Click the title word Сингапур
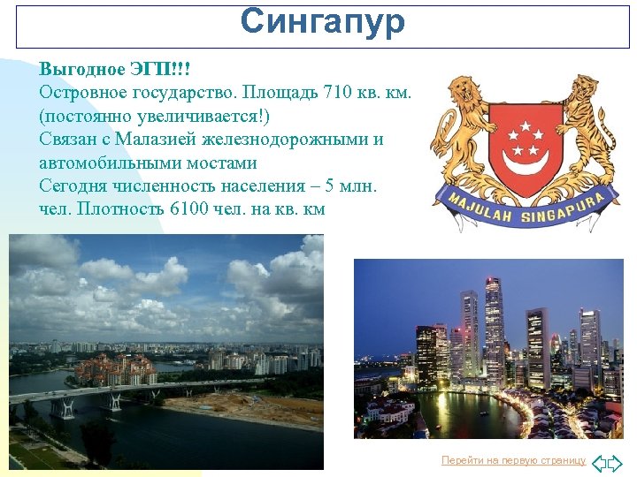322,22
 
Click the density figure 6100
203,209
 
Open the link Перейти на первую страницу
513,460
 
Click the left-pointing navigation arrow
599,462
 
